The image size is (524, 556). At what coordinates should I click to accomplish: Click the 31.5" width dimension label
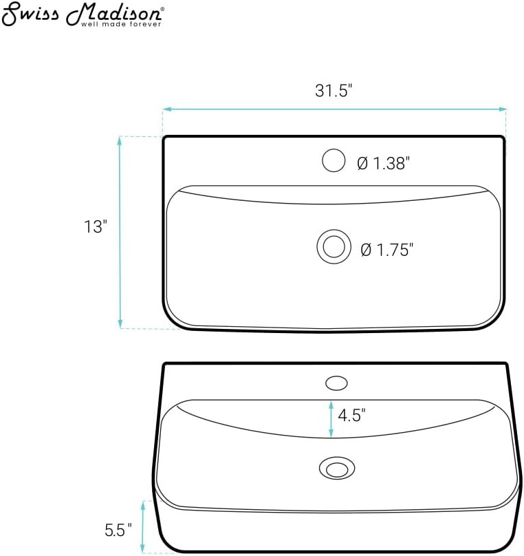[334, 90]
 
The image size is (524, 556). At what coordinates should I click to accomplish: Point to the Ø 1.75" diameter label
[386, 249]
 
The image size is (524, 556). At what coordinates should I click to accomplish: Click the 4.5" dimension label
[351, 415]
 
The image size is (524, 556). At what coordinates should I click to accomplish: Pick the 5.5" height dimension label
[118, 530]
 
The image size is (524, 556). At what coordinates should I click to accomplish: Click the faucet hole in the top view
[334, 160]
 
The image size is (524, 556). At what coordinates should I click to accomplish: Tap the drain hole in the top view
[334, 246]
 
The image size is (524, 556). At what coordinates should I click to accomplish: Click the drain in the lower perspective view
[336, 469]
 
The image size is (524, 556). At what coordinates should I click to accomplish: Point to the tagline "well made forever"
[121, 24]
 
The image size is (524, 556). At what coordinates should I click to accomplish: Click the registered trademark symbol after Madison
[162, 10]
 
